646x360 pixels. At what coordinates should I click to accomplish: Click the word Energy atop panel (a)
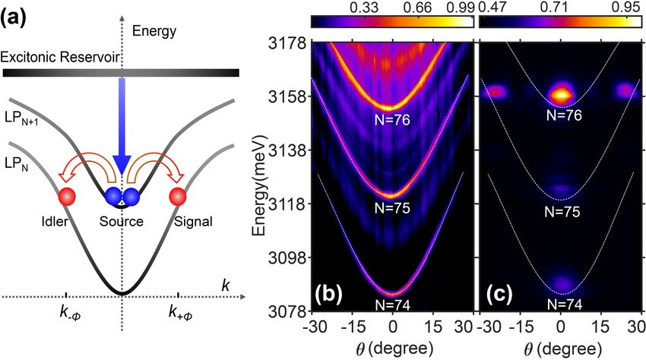[x=154, y=31]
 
